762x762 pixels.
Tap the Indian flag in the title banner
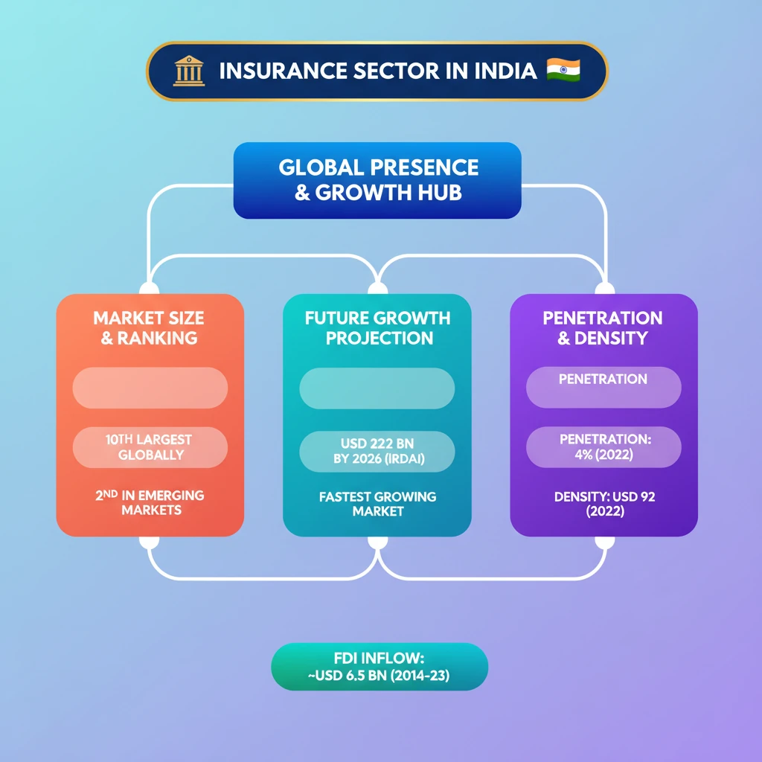563,70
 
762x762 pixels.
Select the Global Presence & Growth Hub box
377,180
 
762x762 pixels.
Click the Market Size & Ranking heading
150,328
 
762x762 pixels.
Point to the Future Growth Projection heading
377,328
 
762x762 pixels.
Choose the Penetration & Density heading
603,328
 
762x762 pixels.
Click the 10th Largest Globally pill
150,447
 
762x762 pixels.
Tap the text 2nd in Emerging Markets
150,502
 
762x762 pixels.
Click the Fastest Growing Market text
377,504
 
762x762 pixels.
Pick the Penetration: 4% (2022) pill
603,447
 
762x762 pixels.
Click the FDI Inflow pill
380,667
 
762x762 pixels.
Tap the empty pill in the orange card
150,388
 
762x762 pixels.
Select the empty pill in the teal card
377,388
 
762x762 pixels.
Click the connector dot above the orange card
150,288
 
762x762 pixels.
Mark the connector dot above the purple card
604,288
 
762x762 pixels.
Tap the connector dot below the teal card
377,542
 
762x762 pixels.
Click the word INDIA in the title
501,71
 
